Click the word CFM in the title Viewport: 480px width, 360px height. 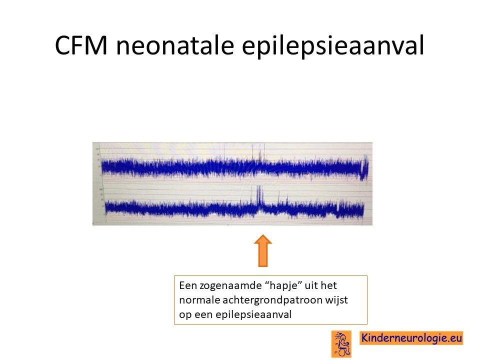tap(81, 45)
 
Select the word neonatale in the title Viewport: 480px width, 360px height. tap(175, 45)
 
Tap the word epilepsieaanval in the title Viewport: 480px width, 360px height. tap(333, 46)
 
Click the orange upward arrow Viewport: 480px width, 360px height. tap(263, 250)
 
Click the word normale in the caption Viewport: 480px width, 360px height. tap(199, 300)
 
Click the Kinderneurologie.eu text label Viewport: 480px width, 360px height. tap(411, 338)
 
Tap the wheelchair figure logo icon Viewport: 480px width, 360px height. tap(341, 344)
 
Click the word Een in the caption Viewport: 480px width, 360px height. tap(188, 285)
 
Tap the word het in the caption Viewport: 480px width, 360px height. tap(329, 285)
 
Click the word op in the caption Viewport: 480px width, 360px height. tap(185, 315)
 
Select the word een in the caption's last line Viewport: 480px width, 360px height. tap(203, 314)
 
